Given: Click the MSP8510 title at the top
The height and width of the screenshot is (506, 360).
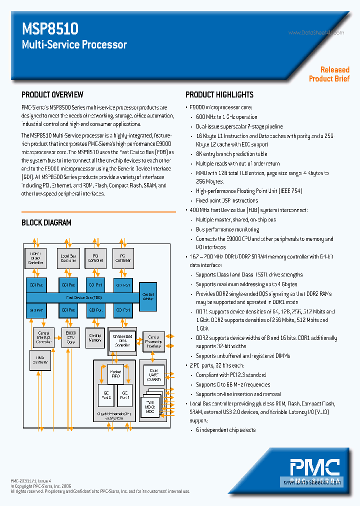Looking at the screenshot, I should coord(50,28).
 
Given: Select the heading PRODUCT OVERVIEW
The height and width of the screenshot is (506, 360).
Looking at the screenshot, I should coord(52,94).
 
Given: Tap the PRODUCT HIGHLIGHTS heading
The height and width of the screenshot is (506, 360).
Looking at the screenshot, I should coord(219,94).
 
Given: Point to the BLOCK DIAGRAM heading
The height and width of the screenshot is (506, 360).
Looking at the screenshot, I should coord(46,222).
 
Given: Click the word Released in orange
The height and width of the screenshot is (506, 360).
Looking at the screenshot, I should coord(335,70).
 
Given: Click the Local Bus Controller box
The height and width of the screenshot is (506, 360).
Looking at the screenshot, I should coord(68,257).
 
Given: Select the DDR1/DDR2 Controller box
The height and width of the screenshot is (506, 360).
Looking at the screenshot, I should coord(35,257).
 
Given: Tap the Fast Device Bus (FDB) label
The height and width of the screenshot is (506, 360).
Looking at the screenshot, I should coord(82,297).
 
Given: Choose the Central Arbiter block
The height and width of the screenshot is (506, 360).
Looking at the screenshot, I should coord(148,296).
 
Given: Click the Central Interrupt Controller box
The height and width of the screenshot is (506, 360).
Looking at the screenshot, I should coord(43,337).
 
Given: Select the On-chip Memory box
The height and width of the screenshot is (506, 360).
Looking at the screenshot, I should coord(95,337).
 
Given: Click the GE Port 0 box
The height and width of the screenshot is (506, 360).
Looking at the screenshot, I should coord(105,395).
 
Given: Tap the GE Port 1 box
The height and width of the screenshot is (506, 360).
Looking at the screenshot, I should coord(125,395).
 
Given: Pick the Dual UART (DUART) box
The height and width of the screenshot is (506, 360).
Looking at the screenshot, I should coord(153,375).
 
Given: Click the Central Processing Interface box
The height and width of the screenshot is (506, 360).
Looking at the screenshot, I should coord(153,343).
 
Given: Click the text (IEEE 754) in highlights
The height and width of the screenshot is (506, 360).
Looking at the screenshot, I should coord(289,190).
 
